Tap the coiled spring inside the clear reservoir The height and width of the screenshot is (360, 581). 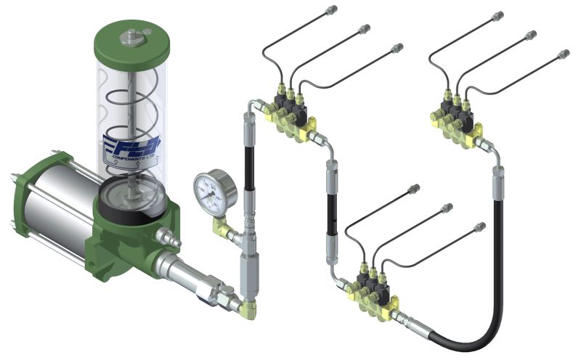coord(131,109)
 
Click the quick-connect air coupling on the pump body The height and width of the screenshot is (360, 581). coord(170,237)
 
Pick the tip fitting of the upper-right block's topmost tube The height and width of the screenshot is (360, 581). coord(499,15)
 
